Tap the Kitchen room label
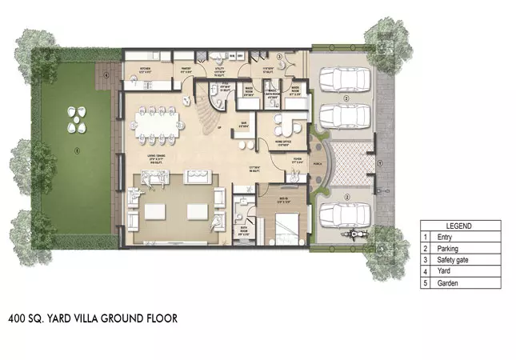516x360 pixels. tap(146, 69)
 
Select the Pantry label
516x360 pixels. tap(183, 69)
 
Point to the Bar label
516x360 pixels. tap(242, 123)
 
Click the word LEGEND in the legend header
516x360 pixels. tap(460, 226)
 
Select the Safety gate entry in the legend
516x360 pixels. tap(453, 260)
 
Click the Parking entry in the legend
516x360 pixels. tap(449, 249)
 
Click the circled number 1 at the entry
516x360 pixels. tap(382, 162)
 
